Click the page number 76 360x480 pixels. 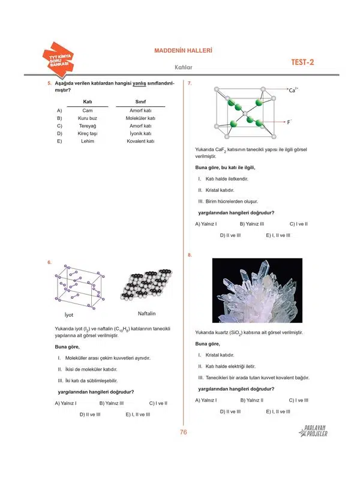(184, 433)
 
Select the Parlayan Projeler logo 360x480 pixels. (314, 430)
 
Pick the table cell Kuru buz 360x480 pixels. (87, 119)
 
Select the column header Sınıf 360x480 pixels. (141, 102)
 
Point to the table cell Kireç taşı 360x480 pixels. (87, 134)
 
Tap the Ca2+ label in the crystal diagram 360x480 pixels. (293, 90)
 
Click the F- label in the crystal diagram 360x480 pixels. (289, 122)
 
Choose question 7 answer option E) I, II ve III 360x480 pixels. (278, 235)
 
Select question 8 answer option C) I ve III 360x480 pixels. (298, 400)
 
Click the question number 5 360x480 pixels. (49, 83)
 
